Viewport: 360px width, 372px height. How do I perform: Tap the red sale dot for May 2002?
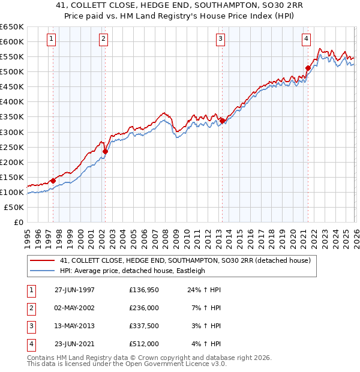105,151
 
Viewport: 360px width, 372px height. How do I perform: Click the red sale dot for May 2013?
222,121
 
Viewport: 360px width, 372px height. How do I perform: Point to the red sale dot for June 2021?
308,68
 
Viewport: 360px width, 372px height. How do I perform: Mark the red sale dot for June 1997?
53,181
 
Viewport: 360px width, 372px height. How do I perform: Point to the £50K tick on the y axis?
14,207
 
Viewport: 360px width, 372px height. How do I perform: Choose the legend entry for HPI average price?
133,271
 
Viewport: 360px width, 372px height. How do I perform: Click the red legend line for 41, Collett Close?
42,261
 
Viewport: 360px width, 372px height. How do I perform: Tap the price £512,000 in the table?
143,344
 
